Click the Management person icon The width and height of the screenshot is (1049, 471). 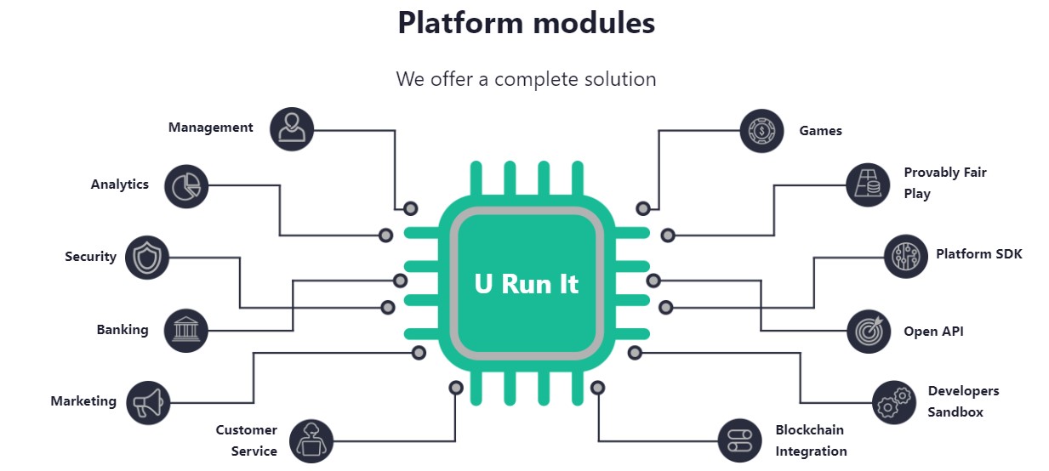click(292, 129)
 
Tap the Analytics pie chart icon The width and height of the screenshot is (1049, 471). click(186, 186)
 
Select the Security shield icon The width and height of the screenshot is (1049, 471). click(147, 258)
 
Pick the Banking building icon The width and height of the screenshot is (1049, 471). click(185, 330)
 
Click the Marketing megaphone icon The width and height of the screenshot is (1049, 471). click(148, 402)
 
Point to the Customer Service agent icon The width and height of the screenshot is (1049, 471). click(311, 441)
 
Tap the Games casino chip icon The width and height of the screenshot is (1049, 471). click(761, 131)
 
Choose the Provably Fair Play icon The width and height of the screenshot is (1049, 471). click(868, 184)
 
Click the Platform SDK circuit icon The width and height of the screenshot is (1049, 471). click(905, 256)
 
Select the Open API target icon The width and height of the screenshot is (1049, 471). click(869, 332)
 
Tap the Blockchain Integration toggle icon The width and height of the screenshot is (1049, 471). click(739, 441)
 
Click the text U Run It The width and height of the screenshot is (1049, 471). click(526, 283)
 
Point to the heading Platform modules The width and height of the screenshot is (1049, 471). click(526, 23)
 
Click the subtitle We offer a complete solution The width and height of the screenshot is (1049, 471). click(526, 79)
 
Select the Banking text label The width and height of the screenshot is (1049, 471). click(123, 330)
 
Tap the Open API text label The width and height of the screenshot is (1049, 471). click(933, 332)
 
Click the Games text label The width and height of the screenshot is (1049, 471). click(820, 131)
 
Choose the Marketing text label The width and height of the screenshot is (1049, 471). click(83, 401)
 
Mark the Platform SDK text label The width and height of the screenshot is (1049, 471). click(978, 254)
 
